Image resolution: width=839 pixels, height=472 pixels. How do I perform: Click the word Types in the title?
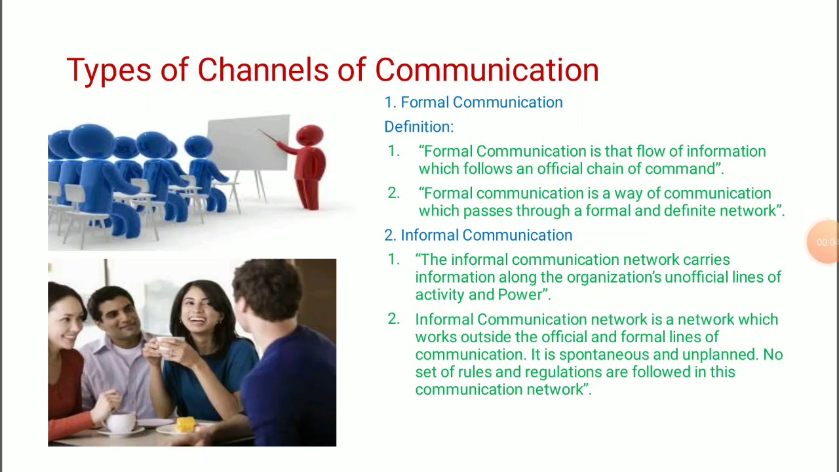click(109, 70)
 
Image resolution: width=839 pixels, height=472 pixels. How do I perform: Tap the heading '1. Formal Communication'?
click(473, 102)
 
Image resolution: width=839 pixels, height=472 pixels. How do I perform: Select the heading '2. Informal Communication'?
click(478, 235)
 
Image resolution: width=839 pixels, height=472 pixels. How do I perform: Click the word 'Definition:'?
click(418, 127)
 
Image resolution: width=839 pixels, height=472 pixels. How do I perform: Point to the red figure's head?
click(309, 136)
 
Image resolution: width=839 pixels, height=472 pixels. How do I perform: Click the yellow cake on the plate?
click(185, 424)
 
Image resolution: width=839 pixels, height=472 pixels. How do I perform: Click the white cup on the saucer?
click(121, 422)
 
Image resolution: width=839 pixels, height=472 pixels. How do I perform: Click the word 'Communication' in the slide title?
click(486, 70)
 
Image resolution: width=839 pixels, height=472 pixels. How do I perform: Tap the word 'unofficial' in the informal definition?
click(696, 277)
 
